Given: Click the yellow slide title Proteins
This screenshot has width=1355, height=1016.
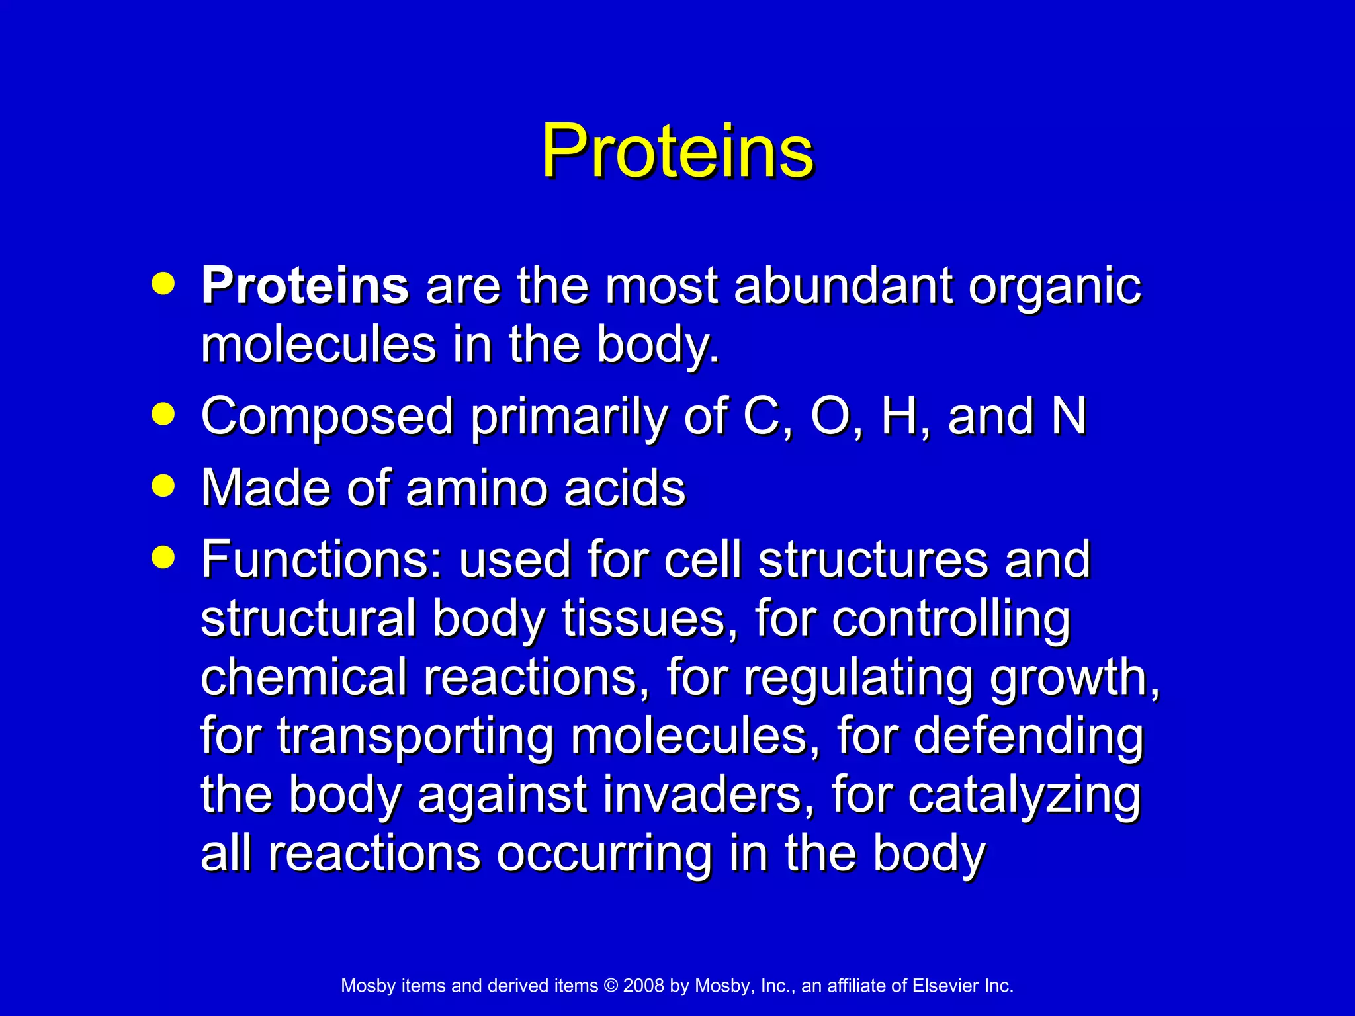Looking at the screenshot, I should coord(677,152).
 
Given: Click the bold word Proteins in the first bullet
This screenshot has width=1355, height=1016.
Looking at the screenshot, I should coord(305,286).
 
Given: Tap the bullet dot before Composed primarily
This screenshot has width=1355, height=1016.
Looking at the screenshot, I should coord(163,415).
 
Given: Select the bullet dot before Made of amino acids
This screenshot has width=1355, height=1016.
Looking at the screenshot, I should coord(163,487).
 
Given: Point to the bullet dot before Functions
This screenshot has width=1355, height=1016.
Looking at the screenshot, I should coord(163,557).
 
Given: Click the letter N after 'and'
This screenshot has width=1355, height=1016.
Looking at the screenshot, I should coord(1069,416).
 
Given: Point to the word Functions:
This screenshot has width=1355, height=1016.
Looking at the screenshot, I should coord(322,560).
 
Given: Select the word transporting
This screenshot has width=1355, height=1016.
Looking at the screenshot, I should coord(415,738).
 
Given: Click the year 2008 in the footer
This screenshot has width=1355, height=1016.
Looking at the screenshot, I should coord(643,986).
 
